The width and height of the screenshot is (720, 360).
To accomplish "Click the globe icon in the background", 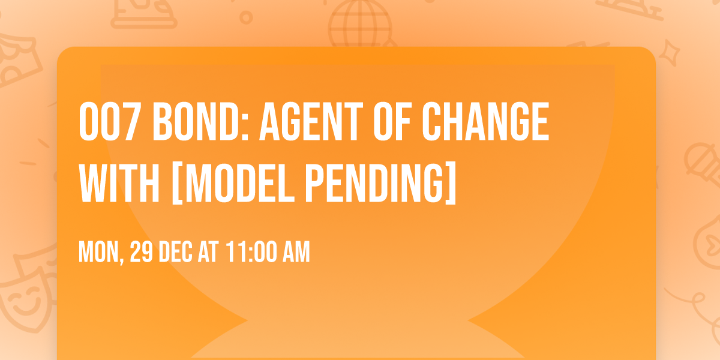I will [359, 24].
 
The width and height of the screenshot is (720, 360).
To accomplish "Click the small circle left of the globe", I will [245, 17].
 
